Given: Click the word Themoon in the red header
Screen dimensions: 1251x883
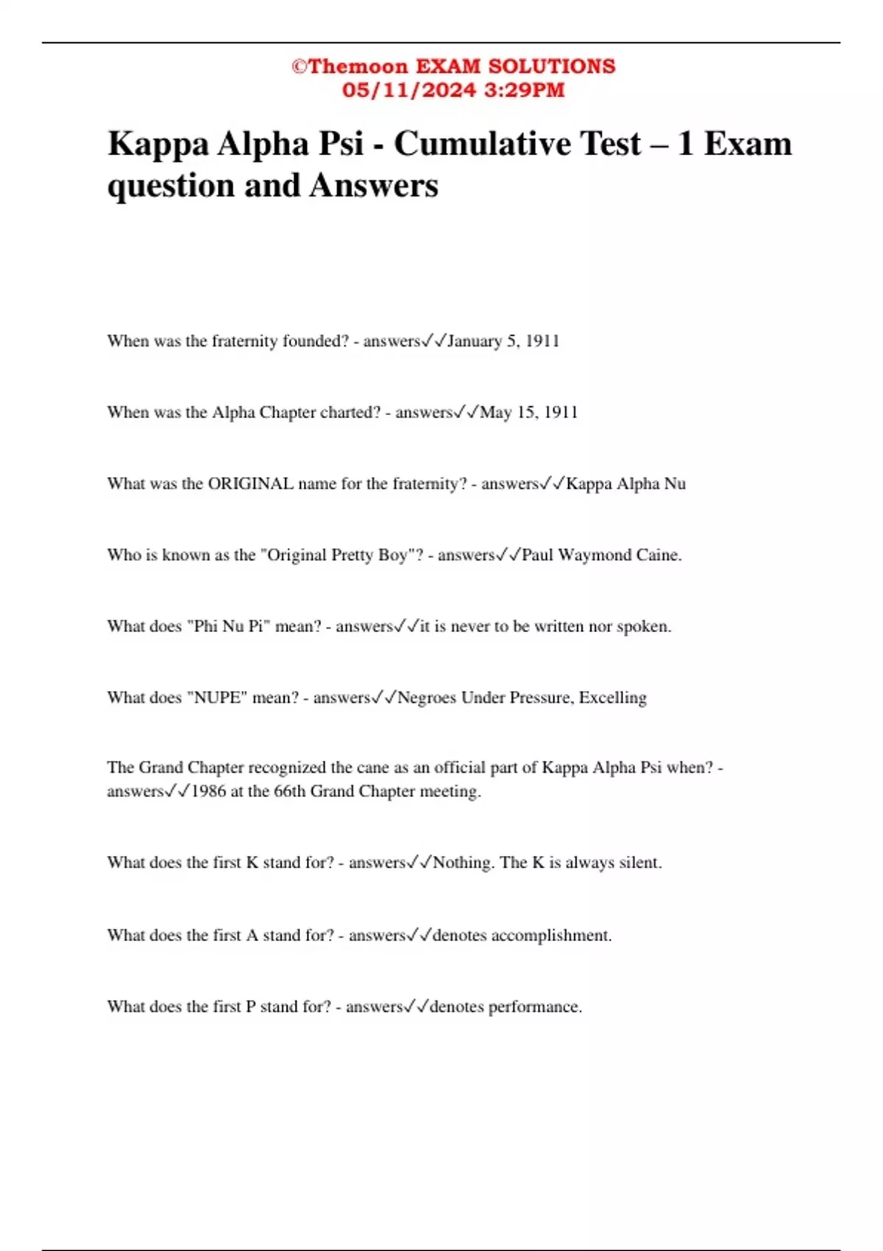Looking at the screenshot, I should pyautogui.click(x=358, y=66).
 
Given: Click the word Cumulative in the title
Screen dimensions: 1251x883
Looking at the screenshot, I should pyautogui.click(x=517, y=143).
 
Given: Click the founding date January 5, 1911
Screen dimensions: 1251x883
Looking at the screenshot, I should pyautogui.click(x=503, y=341).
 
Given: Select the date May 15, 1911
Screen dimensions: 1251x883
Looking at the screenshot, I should pyautogui.click(x=528, y=412).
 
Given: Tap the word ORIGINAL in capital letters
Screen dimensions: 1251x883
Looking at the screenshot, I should pyautogui.click(x=251, y=483).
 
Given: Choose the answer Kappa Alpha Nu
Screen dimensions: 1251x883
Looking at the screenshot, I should pyautogui.click(x=625, y=483).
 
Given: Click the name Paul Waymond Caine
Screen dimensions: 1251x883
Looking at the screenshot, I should pyautogui.click(x=601, y=555).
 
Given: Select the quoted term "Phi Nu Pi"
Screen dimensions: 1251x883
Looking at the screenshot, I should pyautogui.click(x=226, y=626).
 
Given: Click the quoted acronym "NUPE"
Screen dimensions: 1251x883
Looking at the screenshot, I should pyautogui.click(x=217, y=698).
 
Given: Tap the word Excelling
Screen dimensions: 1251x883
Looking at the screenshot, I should pyautogui.click(x=612, y=698).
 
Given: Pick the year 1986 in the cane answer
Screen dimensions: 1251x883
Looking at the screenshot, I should pyautogui.click(x=208, y=792).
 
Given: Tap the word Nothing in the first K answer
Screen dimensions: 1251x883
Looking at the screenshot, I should pyautogui.click(x=462, y=862).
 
